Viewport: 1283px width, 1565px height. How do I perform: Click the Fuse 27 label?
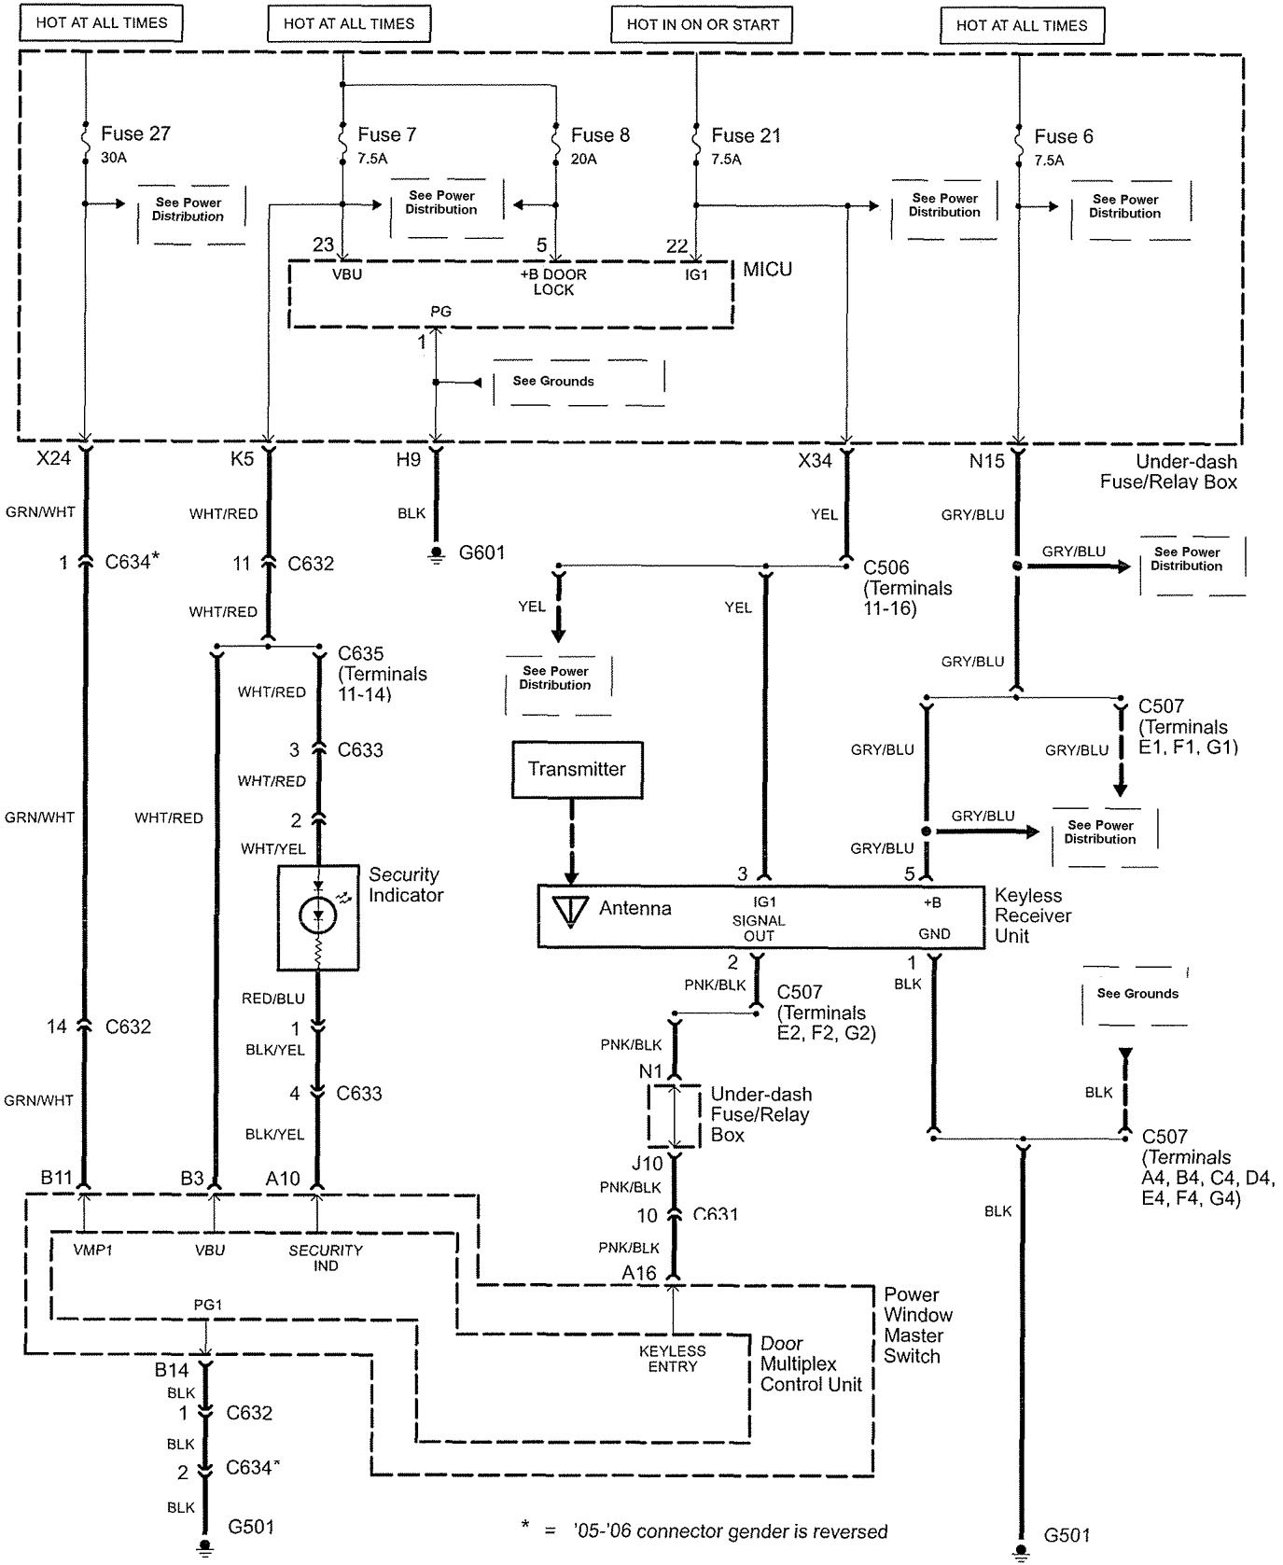tap(135, 133)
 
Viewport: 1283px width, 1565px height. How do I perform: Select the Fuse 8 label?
tap(600, 135)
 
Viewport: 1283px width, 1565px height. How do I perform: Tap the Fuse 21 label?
tap(746, 135)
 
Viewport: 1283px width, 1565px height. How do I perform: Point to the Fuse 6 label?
tap(1063, 136)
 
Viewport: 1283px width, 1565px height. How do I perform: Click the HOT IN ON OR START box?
tap(703, 25)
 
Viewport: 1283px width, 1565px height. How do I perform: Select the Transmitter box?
tap(577, 770)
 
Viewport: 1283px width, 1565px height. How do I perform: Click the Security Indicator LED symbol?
tap(317, 915)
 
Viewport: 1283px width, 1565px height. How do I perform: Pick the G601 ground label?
tap(481, 552)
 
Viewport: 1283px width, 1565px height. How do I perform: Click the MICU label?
tap(767, 270)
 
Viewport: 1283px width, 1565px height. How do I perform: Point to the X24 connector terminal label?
tap(53, 459)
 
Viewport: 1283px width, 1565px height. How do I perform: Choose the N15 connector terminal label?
tap(986, 460)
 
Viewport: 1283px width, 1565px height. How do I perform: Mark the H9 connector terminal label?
tap(408, 459)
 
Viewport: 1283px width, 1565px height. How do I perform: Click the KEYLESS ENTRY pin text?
tap(672, 1359)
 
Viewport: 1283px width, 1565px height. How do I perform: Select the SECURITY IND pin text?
tap(326, 1257)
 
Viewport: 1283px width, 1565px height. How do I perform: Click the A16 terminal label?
tap(639, 1273)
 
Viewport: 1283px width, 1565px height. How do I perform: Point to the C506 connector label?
tap(886, 567)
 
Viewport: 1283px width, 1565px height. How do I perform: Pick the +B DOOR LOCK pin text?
tap(553, 282)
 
